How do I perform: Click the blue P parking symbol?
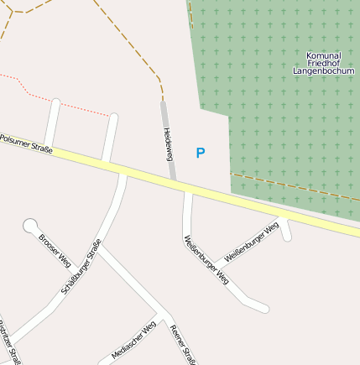[x=200, y=153]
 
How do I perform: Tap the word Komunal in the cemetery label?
[x=324, y=55]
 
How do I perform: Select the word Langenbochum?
[x=324, y=71]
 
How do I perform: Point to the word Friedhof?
[x=324, y=63]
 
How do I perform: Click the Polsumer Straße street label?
[x=26, y=143]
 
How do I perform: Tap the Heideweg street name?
[x=168, y=143]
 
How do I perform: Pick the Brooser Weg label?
[x=54, y=248]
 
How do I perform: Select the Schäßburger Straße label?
[x=81, y=266]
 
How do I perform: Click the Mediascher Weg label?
[x=133, y=340]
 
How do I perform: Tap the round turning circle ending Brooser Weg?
[x=31, y=225]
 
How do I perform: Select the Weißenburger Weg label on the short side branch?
[x=252, y=242]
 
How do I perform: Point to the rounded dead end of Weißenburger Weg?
[x=264, y=309]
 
